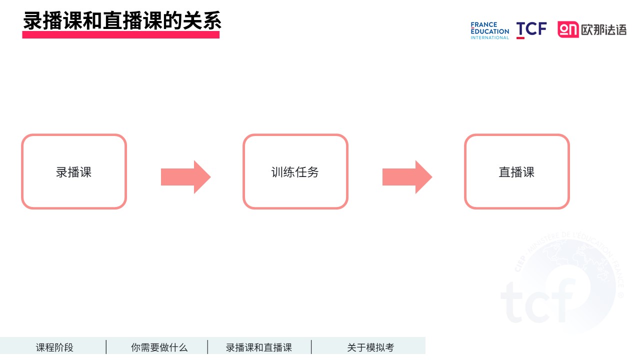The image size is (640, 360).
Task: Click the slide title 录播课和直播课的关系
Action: [x=122, y=20]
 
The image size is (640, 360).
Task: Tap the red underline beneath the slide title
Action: [x=121, y=35]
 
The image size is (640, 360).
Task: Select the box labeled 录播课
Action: [x=74, y=171]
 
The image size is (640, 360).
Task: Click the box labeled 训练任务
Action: [x=295, y=171]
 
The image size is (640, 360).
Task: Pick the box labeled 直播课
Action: [x=517, y=171]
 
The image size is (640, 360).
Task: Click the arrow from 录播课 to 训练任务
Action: [x=185, y=177]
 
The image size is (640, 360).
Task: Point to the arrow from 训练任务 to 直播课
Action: [x=407, y=177]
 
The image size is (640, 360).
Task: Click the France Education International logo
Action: [x=489, y=30]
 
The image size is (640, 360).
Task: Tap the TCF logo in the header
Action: [x=531, y=30]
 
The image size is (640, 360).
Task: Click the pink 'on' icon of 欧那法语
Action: [x=568, y=29]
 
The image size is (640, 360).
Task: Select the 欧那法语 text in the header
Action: [x=603, y=30]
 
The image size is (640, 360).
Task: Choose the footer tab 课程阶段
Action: [x=54, y=347]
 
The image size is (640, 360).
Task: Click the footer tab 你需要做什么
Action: [x=159, y=347]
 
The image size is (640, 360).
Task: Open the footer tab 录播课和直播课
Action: [x=259, y=347]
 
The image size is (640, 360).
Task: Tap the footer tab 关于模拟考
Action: [x=370, y=347]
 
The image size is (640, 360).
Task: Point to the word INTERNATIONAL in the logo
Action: [x=489, y=37]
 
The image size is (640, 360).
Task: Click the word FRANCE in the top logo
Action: [x=484, y=24]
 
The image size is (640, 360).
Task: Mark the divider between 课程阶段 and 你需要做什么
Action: [x=106, y=347]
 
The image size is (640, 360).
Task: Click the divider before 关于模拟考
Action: [x=311, y=347]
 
